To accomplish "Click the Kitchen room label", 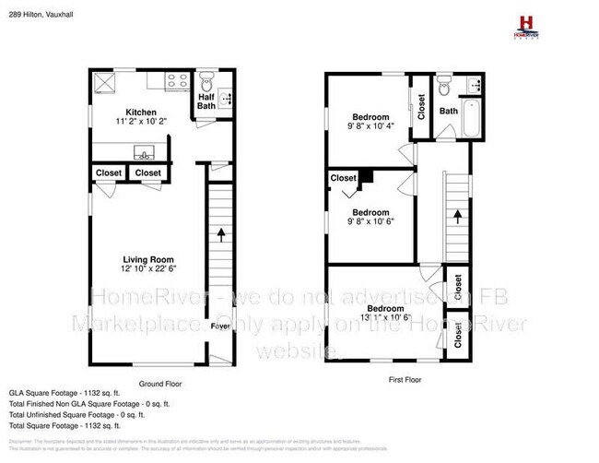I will coord(127,111).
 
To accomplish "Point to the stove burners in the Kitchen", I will coord(175,81).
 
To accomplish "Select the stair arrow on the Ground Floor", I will coord(220,234).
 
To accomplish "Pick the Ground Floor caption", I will coord(160,383).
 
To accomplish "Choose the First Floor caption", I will coord(398,379).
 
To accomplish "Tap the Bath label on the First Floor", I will coord(448,111).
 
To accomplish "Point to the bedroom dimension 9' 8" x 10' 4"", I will coord(371,125).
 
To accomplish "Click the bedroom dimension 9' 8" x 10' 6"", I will coord(371,221).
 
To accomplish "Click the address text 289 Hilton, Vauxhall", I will coord(47,15).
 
